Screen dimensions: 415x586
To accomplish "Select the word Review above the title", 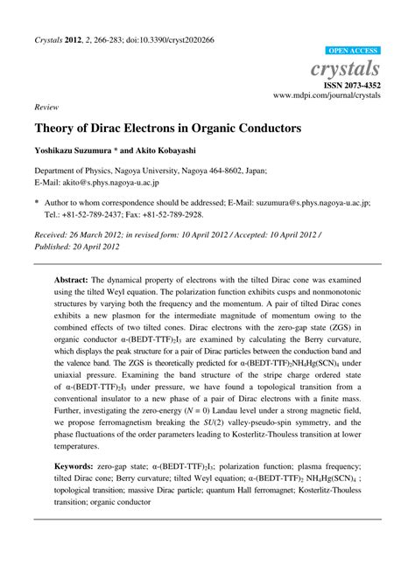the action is (46, 107).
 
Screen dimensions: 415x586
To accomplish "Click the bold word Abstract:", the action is (72, 268).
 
